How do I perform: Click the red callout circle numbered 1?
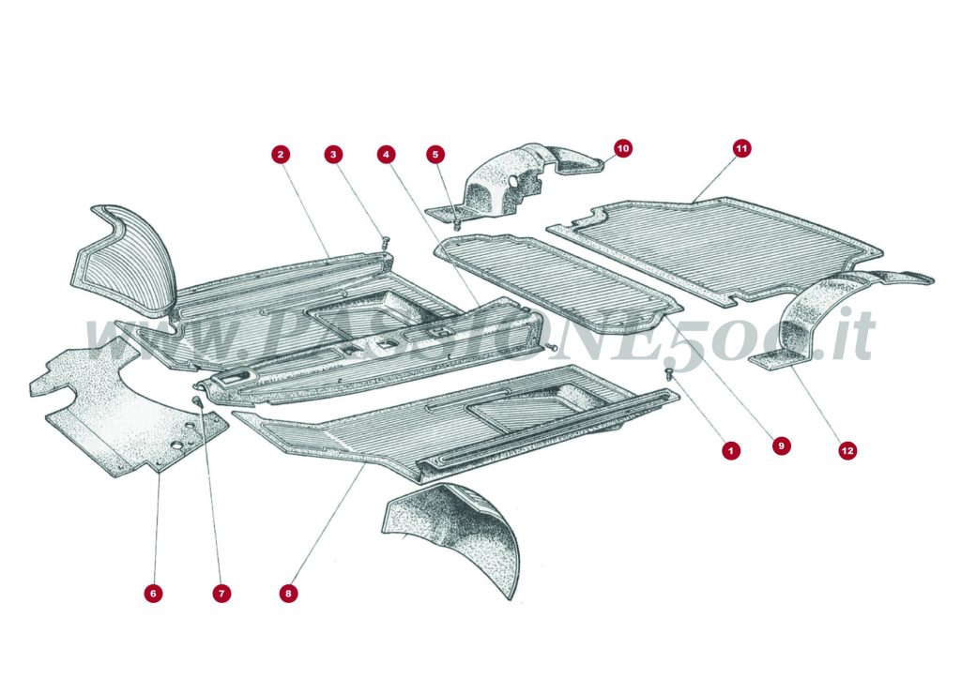(729, 451)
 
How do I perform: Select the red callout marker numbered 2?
(280, 153)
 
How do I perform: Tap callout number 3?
(332, 153)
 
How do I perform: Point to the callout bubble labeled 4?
(385, 153)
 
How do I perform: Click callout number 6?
(153, 593)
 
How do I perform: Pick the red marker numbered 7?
(221, 593)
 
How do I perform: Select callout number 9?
(781, 446)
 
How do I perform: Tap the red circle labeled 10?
(623, 147)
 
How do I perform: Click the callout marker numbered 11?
(741, 147)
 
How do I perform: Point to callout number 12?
(847, 451)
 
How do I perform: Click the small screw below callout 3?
(385, 244)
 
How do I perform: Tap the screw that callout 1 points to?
(669, 374)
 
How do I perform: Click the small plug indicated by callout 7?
(198, 402)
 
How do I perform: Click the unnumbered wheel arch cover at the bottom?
(460, 530)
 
